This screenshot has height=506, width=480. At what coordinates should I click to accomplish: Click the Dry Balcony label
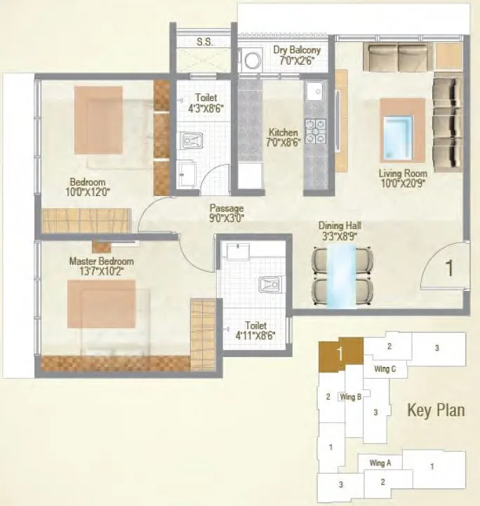[x=298, y=50]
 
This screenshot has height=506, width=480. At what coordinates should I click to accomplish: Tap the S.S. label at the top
[x=205, y=42]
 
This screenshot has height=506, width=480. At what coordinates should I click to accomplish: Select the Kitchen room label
[x=284, y=132]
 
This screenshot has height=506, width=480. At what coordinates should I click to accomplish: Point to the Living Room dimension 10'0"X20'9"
[x=402, y=183]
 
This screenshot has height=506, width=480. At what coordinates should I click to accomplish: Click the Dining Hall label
[x=340, y=226]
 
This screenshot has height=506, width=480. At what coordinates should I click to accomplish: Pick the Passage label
[x=226, y=208]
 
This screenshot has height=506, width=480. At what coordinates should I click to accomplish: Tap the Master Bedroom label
[x=101, y=261]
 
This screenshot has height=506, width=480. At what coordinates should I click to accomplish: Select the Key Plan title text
[x=435, y=410]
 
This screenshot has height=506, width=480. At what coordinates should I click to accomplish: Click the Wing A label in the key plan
[x=380, y=462]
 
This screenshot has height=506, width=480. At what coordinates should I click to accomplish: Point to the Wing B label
[x=350, y=396]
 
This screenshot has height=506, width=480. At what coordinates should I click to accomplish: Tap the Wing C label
[x=385, y=369]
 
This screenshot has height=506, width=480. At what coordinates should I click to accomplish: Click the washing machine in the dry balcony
[x=251, y=60]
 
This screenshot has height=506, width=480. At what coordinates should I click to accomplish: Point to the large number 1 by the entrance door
[x=450, y=266]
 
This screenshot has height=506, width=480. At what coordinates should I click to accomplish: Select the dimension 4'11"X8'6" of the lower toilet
[x=255, y=335]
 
